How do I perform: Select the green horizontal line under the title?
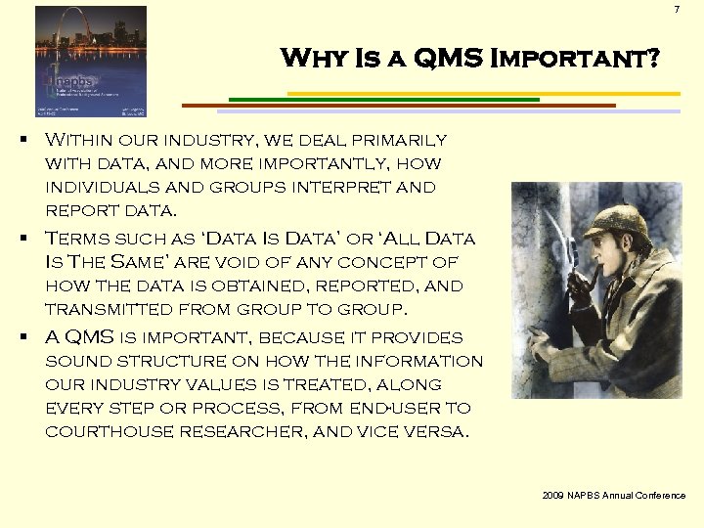click(382, 99)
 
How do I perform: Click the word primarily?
click(397, 141)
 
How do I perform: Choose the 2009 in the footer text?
click(553, 496)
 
